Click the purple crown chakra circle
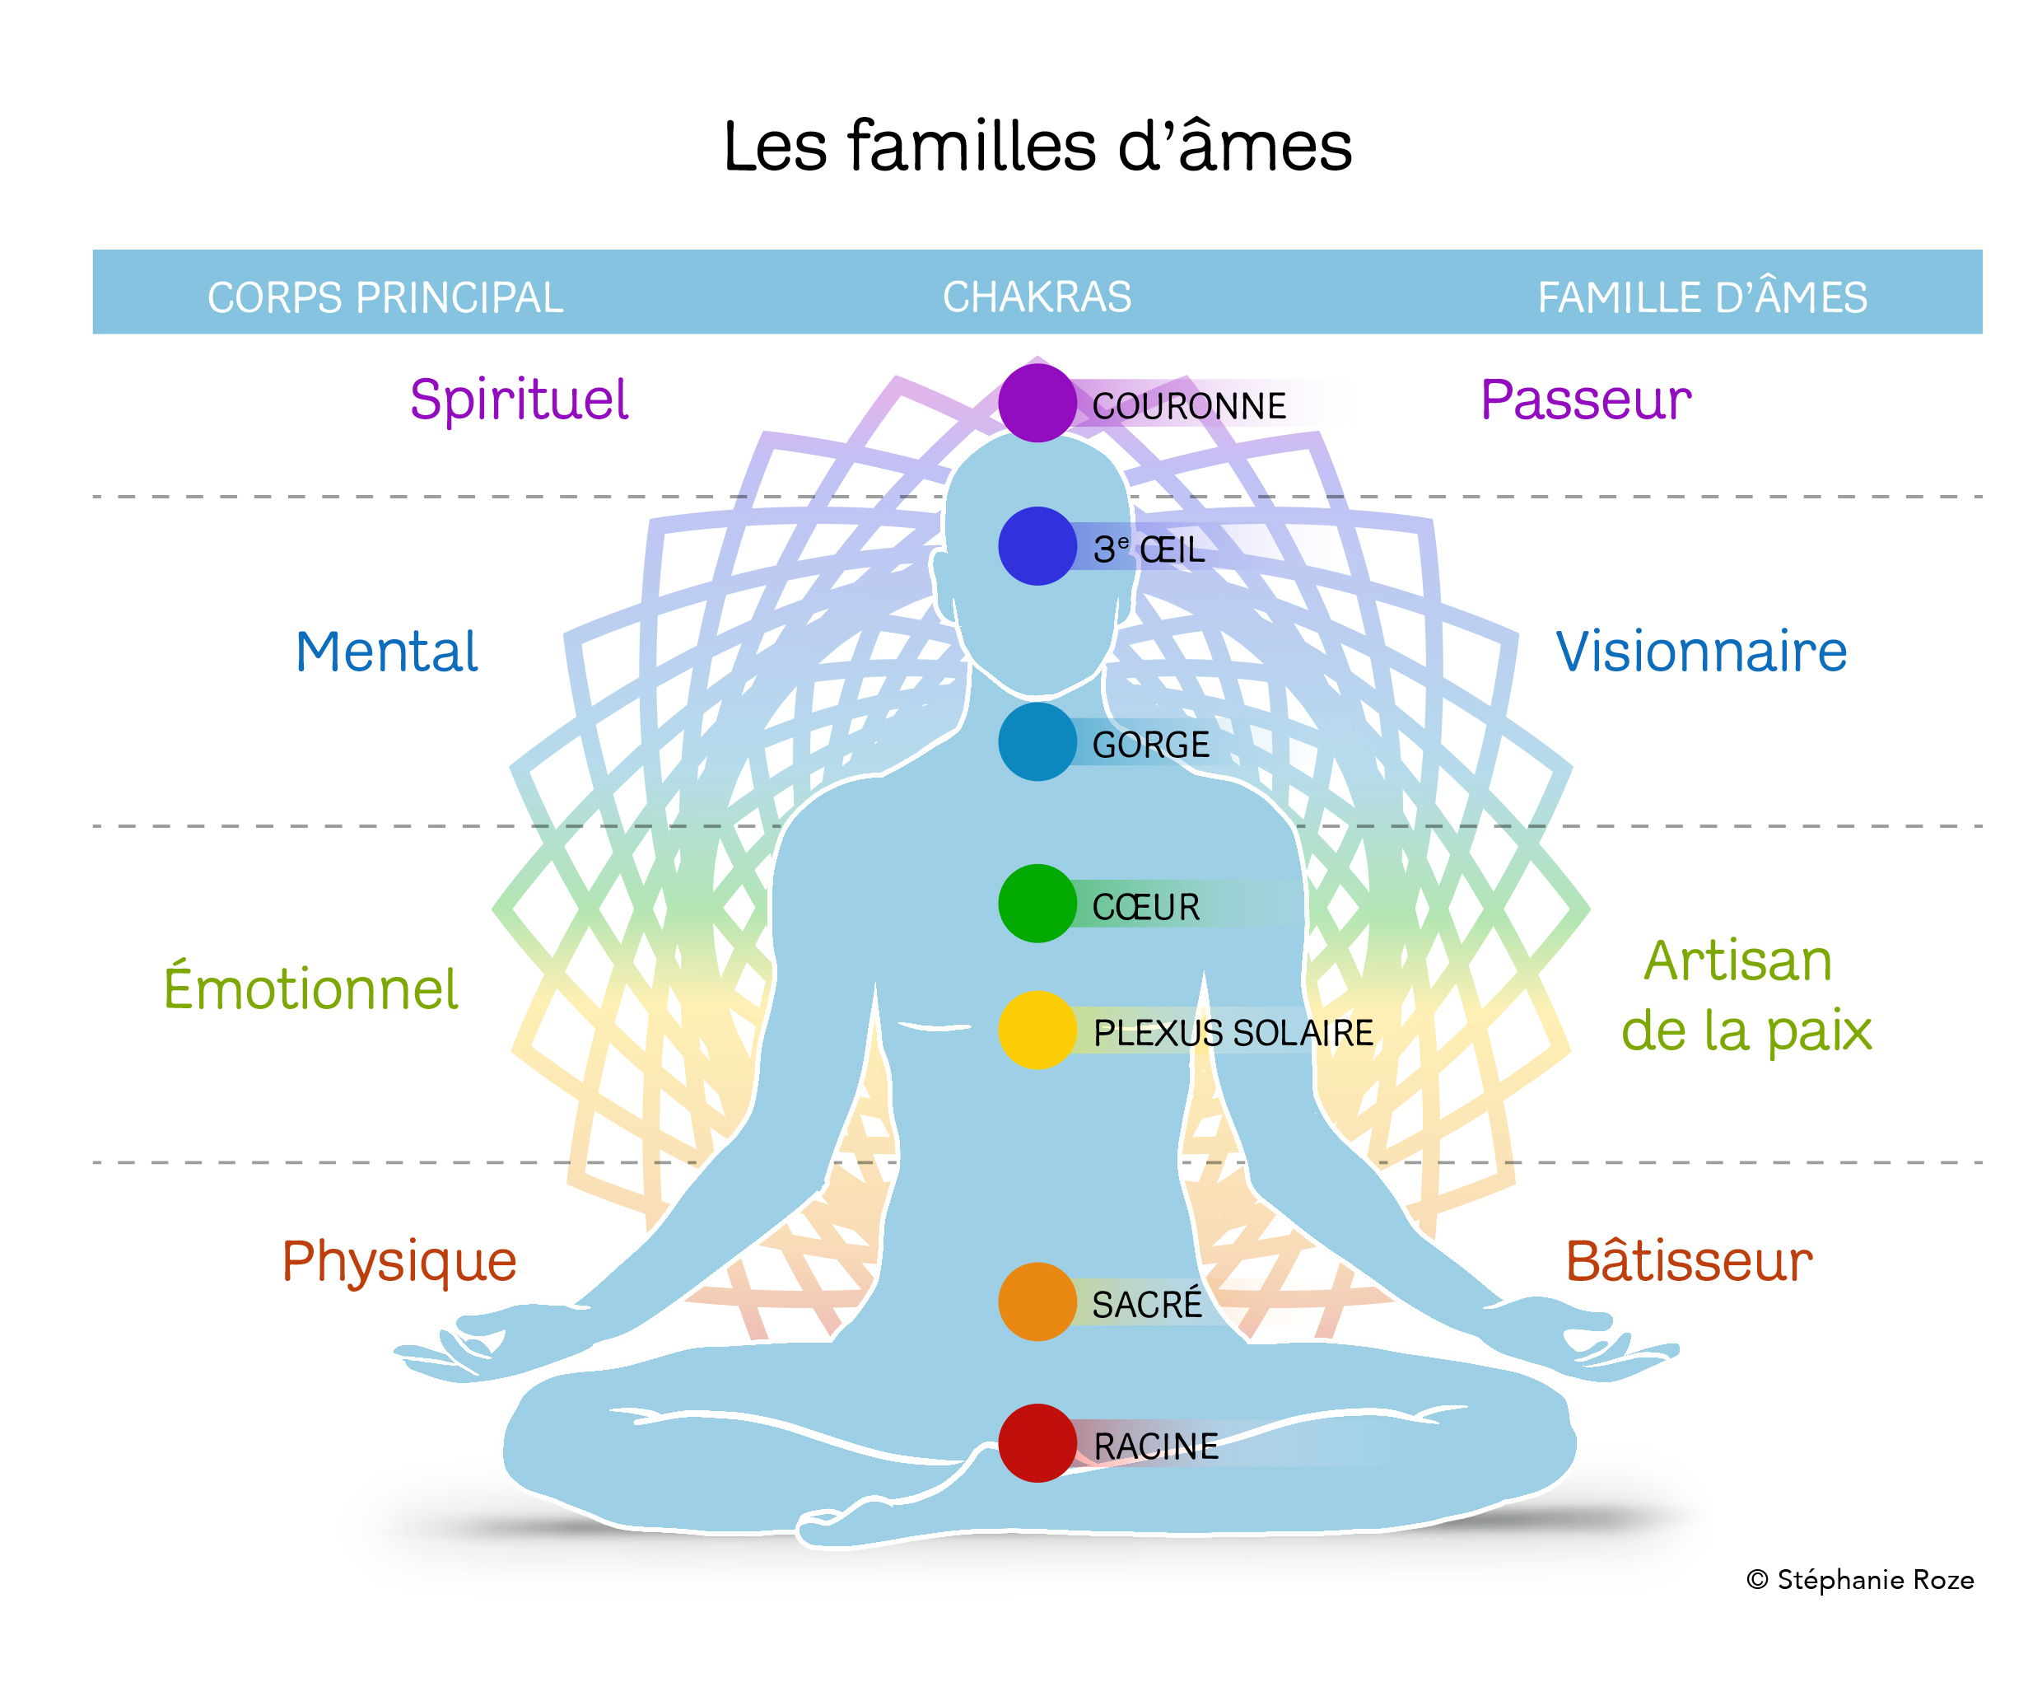click(x=1037, y=402)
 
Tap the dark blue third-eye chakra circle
click(x=1037, y=545)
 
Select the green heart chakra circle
click(x=1037, y=903)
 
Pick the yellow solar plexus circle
click(x=1037, y=1029)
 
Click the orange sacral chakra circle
click(x=1037, y=1301)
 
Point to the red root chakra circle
click(x=1037, y=1443)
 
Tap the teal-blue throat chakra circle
click(x=1037, y=741)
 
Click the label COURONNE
click(x=1188, y=406)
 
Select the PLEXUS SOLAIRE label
click(x=1233, y=1032)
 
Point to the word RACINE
click(x=1155, y=1446)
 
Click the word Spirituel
click(x=519, y=400)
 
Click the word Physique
click(x=399, y=1261)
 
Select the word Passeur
click(x=1584, y=400)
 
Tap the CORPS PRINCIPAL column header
click(x=385, y=297)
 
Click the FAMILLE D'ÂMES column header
click(x=1701, y=297)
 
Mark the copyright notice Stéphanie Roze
click(x=1859, y=1579)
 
